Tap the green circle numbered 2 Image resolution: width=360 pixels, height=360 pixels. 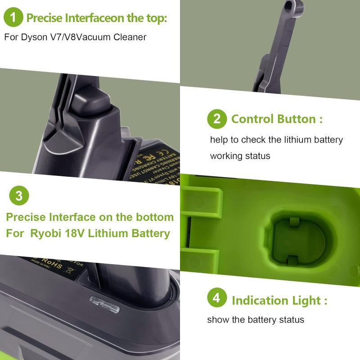pos(217,119)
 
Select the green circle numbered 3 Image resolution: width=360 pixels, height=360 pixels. pos(19,196)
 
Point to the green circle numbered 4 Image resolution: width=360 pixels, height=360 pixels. pos(217,300)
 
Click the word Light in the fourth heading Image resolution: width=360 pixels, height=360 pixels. pos(307,300)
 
